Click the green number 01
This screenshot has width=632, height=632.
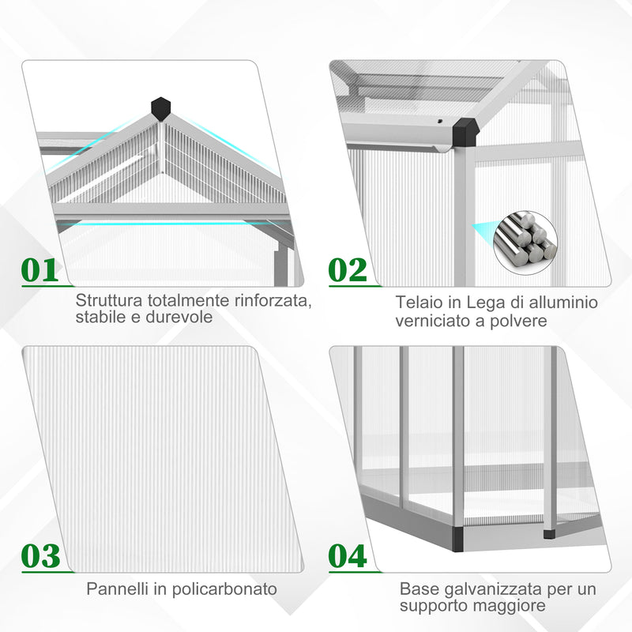[x=40, y=269]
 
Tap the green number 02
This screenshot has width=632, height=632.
[x=348, y=269]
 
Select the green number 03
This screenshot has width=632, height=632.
[x=40, y=555]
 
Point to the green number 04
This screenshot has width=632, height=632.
[x=348, y=555]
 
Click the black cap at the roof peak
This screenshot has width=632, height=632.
[x=161, y=107]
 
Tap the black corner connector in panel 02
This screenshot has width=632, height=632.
[x=465, y=130]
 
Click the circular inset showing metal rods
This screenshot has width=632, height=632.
[x=525, y=238]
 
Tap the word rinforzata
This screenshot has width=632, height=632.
[x=268, y=301]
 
